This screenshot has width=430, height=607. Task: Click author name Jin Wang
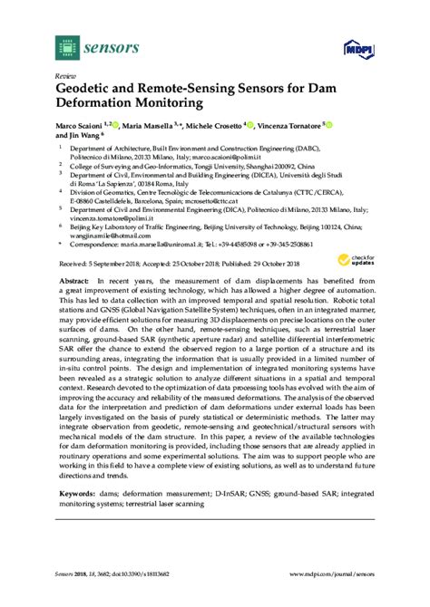[75, 135]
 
